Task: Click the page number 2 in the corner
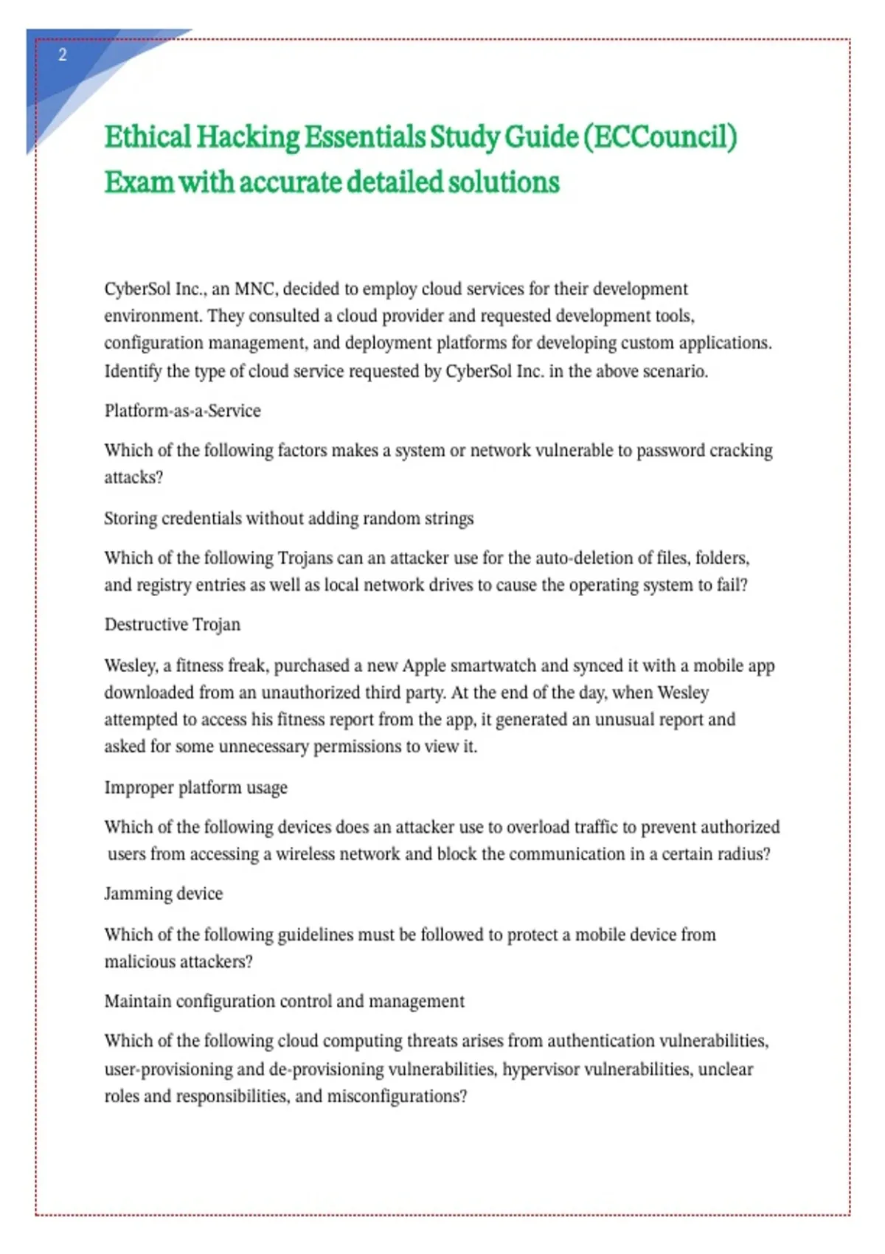pos(63,55)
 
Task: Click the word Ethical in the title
pos(147,137)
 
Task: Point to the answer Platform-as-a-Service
pos(182,411)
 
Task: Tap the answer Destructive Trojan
pos(172,625)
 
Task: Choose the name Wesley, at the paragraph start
pos(131,666)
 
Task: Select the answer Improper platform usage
pos(195,788)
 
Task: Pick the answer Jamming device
pos(163,894)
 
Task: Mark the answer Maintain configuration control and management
pos(284,1002)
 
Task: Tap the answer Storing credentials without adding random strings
pos(288,519)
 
